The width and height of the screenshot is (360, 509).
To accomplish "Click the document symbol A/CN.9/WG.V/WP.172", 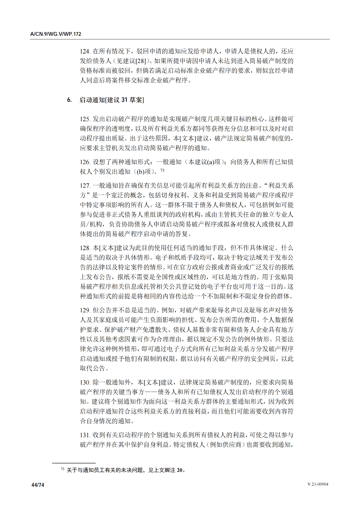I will click(56, 34).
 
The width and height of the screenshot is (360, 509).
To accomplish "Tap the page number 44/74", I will click(38, 485).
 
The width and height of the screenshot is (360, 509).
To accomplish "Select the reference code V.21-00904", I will click(318, 484).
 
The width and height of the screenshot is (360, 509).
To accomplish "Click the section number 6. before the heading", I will click(69, 100).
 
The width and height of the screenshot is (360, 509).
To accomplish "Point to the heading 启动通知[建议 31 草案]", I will click(112, 100).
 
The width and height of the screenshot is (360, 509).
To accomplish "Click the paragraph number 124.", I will click(85, 51).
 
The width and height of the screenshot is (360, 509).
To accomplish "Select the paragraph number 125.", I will click(85, 119).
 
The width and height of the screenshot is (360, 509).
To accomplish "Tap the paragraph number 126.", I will click(85, 162).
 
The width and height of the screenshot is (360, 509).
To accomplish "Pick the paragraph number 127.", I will click(85, 186).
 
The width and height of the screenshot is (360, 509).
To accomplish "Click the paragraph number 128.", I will click(85, 248).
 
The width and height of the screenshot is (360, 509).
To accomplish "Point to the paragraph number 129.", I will click(85, 310).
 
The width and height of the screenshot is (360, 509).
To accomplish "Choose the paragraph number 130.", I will click(85, 382).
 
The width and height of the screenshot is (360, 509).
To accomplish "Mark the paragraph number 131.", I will click(85, 435).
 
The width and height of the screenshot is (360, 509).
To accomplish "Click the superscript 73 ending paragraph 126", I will click(162, 170).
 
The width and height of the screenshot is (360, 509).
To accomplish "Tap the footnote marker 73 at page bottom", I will click(62, 469).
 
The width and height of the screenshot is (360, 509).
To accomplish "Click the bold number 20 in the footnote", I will click(180, 470).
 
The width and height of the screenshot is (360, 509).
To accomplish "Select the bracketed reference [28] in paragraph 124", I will click(141, 61).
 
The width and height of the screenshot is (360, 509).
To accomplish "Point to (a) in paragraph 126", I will click(211, 162).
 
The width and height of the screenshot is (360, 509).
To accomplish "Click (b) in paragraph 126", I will click(140, 172).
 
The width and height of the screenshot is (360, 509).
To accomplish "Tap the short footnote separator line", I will click(74, 463).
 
